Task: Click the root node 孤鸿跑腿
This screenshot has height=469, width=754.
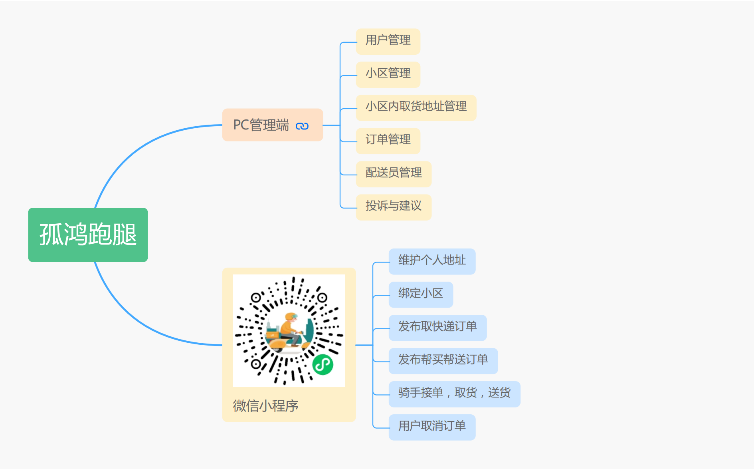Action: click(88, 234)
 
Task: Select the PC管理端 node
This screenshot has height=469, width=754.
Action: click(261, 125)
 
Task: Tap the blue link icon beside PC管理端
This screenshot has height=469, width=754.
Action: click(302, 126)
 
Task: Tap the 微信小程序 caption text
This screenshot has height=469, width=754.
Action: click(265, 406)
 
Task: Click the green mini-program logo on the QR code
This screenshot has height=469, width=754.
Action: click(323, 364)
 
